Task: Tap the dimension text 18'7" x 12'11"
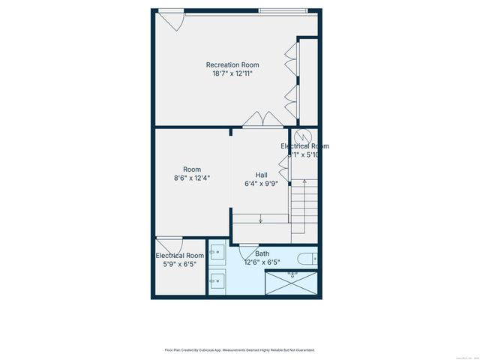(232, 73)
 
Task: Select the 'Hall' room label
(261, 175)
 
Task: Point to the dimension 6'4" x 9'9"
(261, 184)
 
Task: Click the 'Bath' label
(262, 253)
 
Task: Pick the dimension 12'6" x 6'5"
(262, 262)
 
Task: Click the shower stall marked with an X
(292, 283)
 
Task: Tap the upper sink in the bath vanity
(217, 252)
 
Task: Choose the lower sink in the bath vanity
(217, 281)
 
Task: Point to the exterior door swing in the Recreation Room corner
(171, 20)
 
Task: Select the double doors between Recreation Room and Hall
(263, 119)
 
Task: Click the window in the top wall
(283, 10)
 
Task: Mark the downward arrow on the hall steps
(260, 219)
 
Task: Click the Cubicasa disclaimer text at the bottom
(239, 349)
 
